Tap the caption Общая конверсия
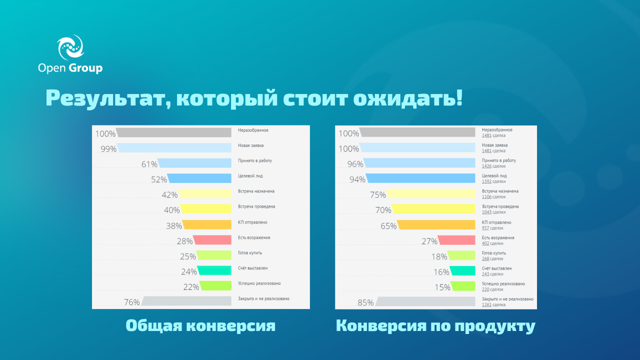pos(200,326)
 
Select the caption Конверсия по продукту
pos(435,326)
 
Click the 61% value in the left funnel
pos(149,164)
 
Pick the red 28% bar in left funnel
pos(212,240)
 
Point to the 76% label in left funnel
pos(131,302)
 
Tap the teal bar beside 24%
pos(214,271)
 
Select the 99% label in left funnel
pos(108,149)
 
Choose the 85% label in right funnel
pos(365,302)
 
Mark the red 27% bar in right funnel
pos(456,240)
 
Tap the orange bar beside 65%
pos(436,225)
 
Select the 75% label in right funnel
pos(378,195)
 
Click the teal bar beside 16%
pos(462,271)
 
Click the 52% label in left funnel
pos(159,179)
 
